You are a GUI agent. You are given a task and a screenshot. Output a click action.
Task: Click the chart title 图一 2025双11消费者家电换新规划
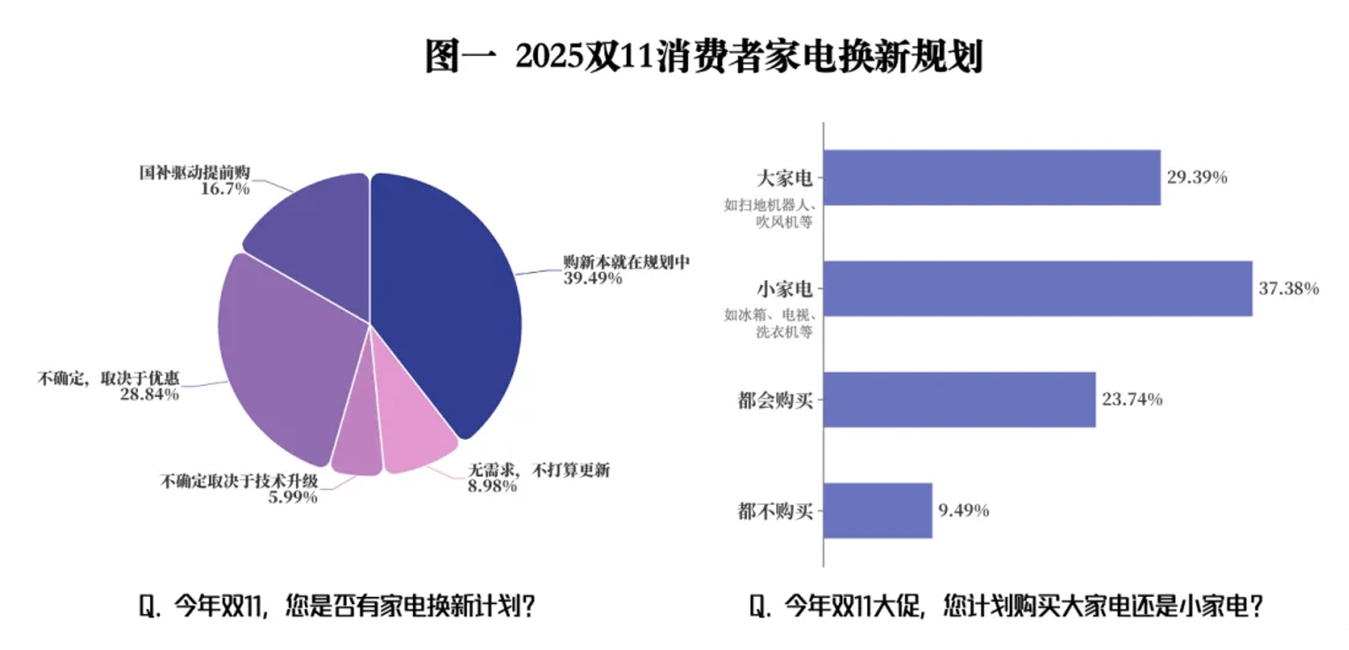coord(704,57)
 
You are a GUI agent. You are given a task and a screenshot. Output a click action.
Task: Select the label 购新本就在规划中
coord(626,262)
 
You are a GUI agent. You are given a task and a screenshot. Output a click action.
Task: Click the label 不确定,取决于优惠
coord(109,378)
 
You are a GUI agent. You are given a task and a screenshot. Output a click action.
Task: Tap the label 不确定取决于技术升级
coord(238,481)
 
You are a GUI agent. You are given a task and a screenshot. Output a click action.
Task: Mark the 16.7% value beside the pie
coord(225,188)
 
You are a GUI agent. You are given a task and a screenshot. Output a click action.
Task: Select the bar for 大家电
coord(991,178)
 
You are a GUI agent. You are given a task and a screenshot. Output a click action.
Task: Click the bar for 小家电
coord(1037,289)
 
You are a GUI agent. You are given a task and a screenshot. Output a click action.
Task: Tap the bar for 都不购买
coord(878,510)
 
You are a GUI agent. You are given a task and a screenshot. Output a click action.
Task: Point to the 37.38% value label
coord(1289,289)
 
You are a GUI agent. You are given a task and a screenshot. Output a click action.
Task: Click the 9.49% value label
coord(964,510)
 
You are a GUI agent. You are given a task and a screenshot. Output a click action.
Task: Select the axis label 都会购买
coord(774,400)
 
